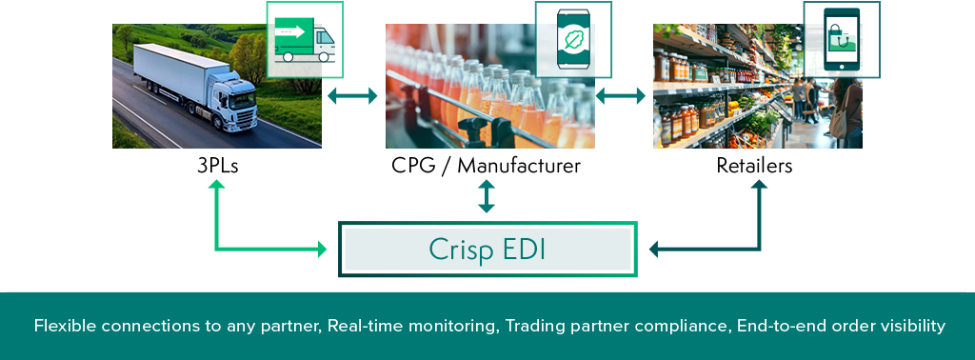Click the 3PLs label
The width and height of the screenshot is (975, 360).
[217, 166]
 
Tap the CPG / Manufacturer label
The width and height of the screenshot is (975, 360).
[487, 166]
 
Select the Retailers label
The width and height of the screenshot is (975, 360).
[754, 166]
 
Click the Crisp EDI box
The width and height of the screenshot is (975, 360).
[488, 250]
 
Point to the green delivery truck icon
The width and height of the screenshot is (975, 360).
[305, 40]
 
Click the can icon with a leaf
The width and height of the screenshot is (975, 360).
[573, 39]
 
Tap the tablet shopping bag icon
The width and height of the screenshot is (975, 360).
[842, 40]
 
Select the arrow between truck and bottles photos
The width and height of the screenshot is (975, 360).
[352, 96]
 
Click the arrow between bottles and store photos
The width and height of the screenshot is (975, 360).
[621, 96]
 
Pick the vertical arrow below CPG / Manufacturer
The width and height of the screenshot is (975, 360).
[487, 196]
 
